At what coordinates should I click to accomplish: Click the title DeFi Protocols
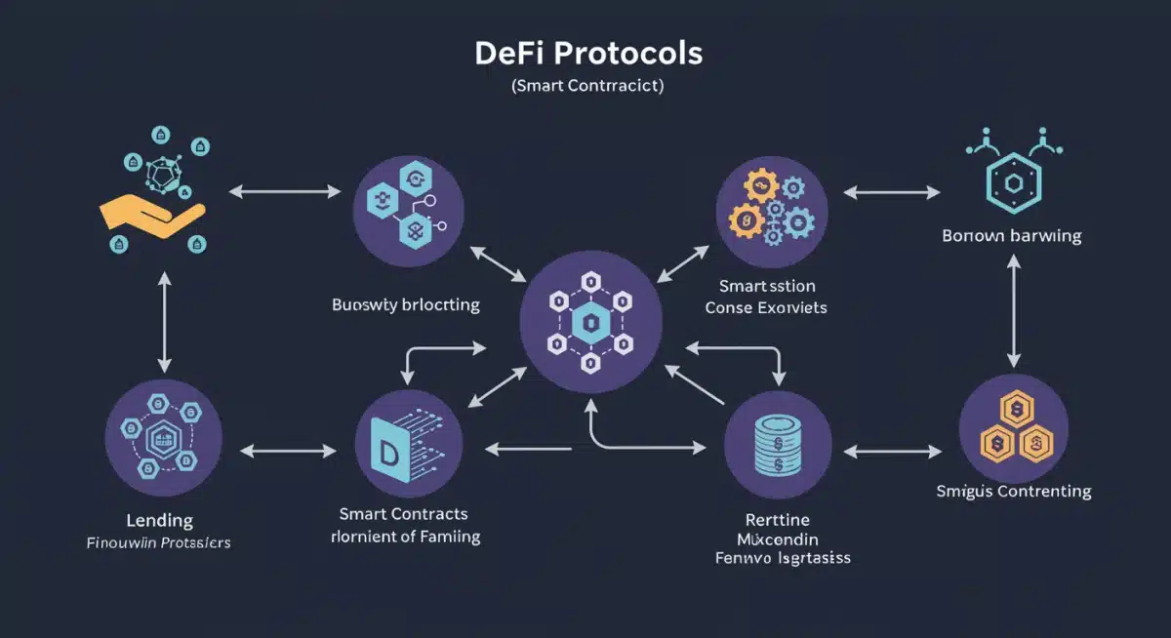pos(587,52)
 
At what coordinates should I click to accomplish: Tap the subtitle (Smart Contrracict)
pos(586,86)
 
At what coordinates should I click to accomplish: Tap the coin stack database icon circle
pos(778,450)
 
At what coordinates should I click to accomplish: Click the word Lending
pos(160,520)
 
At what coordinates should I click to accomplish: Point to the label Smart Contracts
pos(403,513)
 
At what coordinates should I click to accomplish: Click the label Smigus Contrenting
pos(1013,491)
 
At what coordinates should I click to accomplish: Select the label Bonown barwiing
pos(1012,236)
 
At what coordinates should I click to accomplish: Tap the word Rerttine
pos(777,519)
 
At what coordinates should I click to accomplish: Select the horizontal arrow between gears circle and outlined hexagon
pos(892,193)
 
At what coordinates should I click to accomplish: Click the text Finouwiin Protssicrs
pos(159,542)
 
